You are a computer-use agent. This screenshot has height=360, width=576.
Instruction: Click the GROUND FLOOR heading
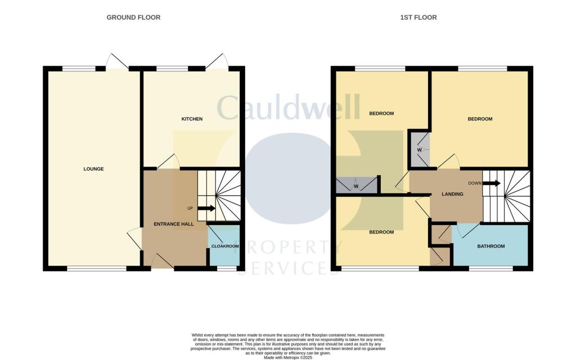coord(133,17)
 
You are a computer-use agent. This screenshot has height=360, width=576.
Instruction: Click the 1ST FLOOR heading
coord(418,17)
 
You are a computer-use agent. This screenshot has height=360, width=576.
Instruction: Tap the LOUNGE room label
coord(93,169)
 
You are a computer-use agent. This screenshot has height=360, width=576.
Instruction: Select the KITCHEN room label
coord(192,119)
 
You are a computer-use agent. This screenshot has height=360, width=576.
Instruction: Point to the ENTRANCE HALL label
coord(174,224)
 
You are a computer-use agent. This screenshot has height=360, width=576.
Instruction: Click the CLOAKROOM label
coord(224,246)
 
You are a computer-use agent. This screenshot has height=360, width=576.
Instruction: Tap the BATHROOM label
coord(491,246)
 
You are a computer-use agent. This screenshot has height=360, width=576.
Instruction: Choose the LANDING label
coord(453,195)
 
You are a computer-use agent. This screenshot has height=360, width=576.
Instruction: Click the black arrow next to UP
coord(206,208)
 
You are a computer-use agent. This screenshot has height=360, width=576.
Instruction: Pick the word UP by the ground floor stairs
coord(190,209)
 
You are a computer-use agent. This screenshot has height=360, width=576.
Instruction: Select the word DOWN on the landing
coord(475,183)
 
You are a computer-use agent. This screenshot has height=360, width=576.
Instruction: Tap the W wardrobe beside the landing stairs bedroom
coord(419,150)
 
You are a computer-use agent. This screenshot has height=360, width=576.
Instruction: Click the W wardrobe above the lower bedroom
coord(356,186)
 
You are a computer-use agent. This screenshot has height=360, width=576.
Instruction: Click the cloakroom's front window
coord(226,269)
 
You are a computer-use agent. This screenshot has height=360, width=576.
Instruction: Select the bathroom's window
coord(491,269)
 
